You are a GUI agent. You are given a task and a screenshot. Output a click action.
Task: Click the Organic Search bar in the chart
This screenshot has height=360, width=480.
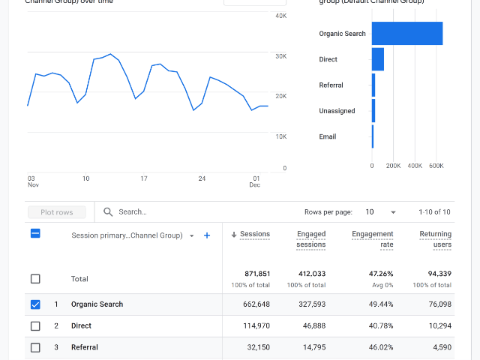click(406, 34)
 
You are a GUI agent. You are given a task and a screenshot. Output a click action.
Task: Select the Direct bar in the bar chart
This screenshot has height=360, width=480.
click(378, 59)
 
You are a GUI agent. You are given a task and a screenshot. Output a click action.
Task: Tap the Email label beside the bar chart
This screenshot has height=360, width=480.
click(328, 136)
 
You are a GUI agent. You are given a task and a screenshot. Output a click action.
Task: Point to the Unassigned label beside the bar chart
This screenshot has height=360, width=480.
click(337, 111)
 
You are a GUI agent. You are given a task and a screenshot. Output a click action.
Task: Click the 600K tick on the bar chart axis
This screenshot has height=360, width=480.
click(436, 166)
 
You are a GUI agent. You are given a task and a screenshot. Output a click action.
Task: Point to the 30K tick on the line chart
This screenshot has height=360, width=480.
click(280, 56)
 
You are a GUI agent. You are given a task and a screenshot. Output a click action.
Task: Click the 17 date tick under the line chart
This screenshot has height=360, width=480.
click(143, 178)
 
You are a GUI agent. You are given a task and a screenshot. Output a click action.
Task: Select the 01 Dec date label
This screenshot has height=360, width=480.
click(256, 181)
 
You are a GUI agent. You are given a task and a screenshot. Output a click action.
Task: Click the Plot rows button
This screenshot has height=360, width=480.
click(57, 212)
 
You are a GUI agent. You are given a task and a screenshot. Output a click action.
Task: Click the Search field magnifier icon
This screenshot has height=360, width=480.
click(109, 212)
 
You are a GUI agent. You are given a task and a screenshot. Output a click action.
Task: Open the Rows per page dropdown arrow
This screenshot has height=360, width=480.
click(394, 212)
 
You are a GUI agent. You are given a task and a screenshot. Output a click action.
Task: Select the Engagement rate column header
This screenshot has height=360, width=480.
click(373, 239)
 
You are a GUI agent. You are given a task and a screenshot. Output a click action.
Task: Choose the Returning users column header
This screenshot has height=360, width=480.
click(435, 239)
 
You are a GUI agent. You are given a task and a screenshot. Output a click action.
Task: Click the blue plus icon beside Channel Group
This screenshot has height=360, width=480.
click(207, 235)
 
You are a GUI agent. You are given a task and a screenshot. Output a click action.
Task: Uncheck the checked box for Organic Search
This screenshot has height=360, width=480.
click(35, 304)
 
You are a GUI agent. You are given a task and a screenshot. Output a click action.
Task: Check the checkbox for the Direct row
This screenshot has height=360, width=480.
click(35, 326)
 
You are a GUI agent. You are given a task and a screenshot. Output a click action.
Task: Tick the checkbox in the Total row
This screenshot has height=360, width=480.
click(35, 279)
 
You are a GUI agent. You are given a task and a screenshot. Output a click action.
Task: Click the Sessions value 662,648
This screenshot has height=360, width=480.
click(254, 304)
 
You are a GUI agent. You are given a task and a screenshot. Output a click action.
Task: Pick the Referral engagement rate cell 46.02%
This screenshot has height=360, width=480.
click(378, 347)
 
